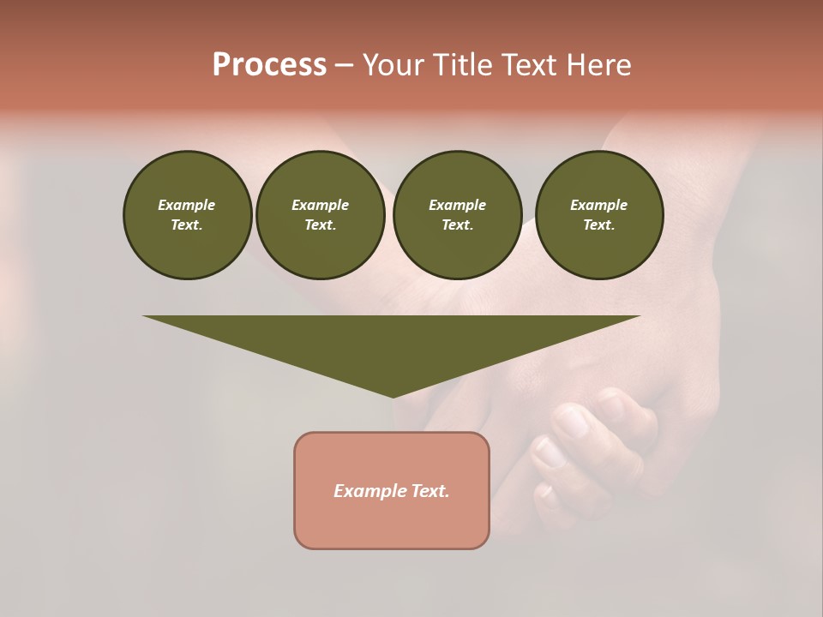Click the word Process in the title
coord(269,65)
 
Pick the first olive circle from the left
coord(188,215)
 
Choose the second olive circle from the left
coord(321,215)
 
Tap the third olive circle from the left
coord(457,215)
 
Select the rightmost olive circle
coord(599,215)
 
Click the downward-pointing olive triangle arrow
coord(392,343)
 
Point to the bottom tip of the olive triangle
coord(393,396)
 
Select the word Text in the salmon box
coord(430,491)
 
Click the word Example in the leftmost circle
coord(187,205)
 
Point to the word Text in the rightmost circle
coord(599,225)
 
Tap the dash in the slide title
coord(345,65)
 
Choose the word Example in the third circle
coord(457,205)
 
